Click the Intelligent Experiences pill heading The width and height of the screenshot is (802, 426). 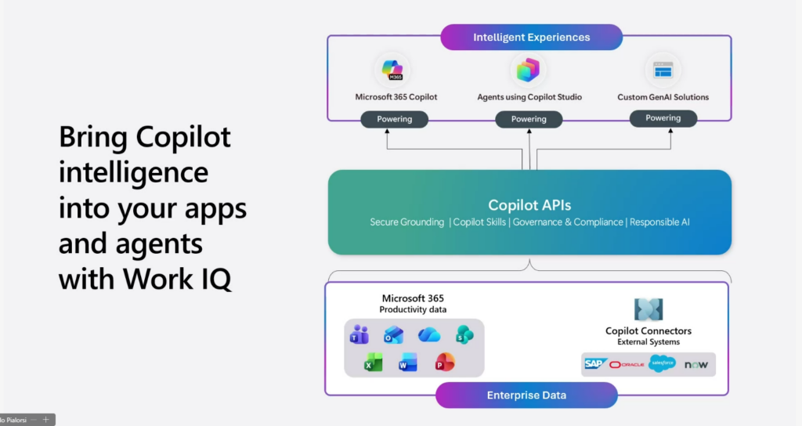531,37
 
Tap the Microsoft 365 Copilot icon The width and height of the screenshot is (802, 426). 392,70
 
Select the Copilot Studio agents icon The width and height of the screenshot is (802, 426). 529,70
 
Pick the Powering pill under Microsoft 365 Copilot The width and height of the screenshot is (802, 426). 396,119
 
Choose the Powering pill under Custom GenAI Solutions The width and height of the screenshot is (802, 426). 663,118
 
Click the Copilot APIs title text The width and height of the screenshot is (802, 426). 529,205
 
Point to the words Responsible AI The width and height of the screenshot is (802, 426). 659,222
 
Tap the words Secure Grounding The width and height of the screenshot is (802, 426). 407,222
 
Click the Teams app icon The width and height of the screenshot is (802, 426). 359,334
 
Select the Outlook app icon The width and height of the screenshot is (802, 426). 393,334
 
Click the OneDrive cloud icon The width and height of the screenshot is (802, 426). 429,334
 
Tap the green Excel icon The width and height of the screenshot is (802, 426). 374,363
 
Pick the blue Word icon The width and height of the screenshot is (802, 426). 408,363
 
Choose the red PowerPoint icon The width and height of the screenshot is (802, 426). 444,363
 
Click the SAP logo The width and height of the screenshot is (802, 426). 595,364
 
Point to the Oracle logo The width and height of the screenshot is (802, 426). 627,365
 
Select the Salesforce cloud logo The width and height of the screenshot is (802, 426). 662,364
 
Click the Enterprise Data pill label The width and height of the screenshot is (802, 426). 526,395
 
